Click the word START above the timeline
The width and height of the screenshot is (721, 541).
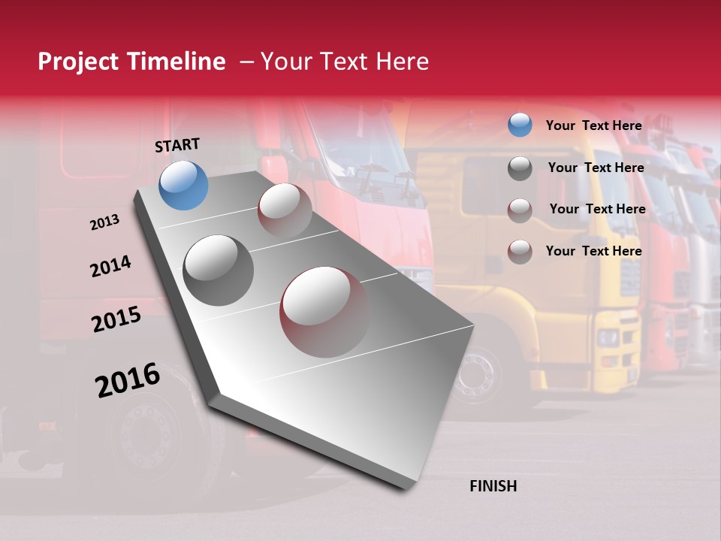tap(177, 145)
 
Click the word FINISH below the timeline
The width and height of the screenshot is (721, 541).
tap(493, 486)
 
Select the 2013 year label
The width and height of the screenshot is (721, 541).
tap(104, 222)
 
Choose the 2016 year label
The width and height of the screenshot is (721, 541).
tap(128, 380)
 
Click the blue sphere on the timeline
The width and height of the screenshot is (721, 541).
tap(183, 185)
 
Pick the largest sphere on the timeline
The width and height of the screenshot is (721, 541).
tap(324, 311)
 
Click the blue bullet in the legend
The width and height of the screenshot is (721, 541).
tap(520, 125)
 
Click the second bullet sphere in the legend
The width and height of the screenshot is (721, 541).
tap(520, 168)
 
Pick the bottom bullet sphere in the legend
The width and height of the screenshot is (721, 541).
tap(520, 251)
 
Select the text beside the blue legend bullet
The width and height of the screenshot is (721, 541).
tap(593, 125)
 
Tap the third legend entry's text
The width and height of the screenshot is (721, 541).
tap(597, 209)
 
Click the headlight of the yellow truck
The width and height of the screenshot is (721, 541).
tap(607, 337)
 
